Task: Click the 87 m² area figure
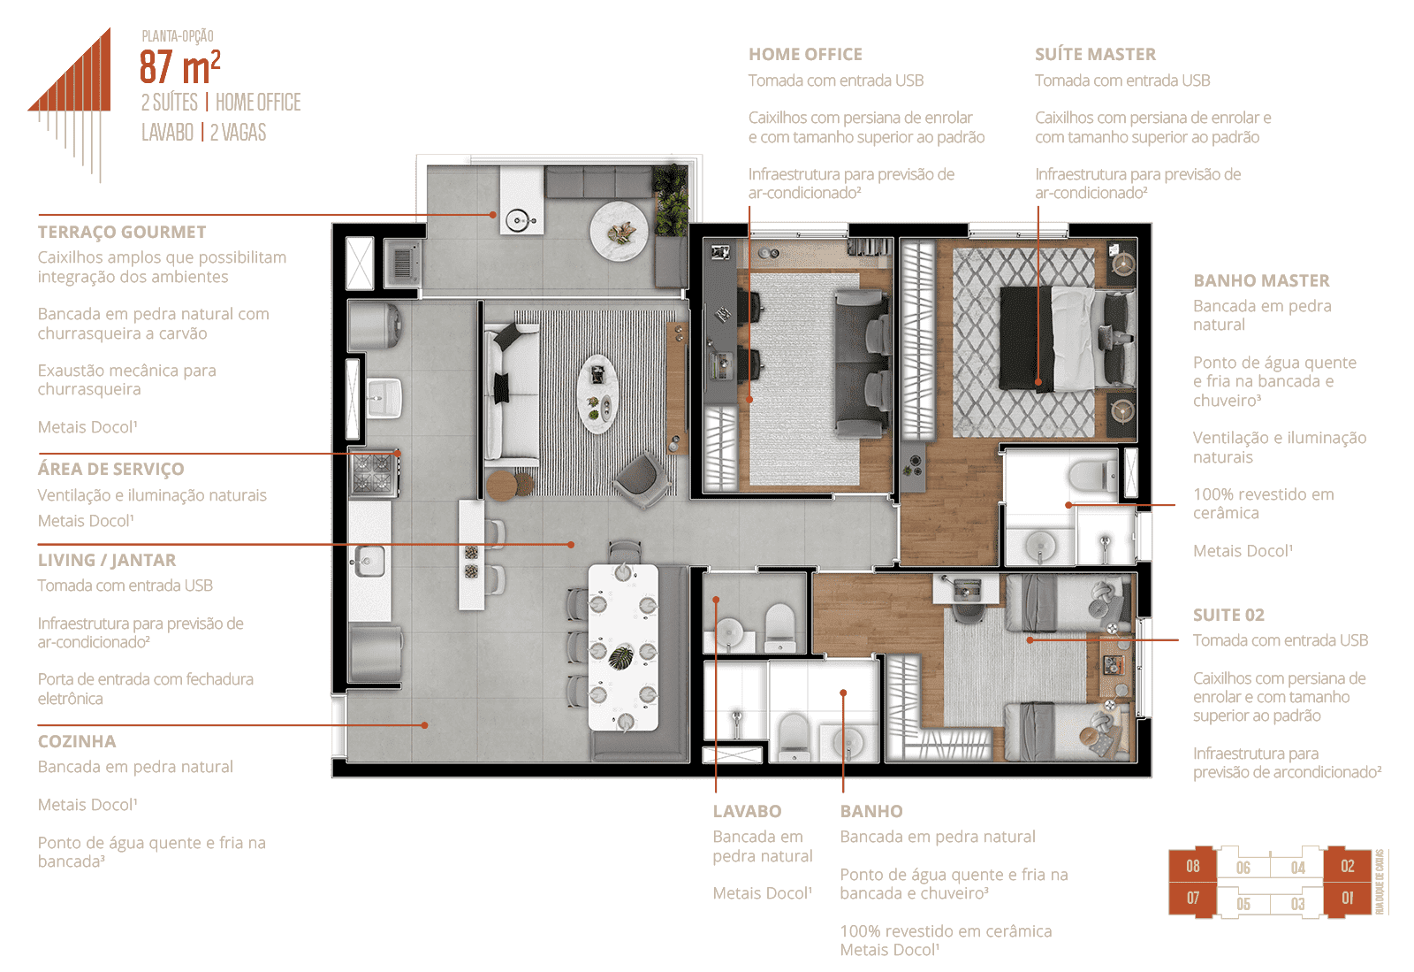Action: [x=180, y=66]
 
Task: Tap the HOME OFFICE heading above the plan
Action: [x=805, y=54]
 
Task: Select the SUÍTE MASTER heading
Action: [x=1095, y=54]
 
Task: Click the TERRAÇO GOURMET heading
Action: [x=122, y=232]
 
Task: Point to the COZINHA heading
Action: [x=77, y=741]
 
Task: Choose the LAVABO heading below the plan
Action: [x=748, y=811]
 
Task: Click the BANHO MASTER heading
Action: [x=1261, y=280]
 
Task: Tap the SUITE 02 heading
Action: [x=1228, y=615]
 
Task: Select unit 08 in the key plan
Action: [x=1192, y=866]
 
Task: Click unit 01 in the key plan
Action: [x=1347, y=898]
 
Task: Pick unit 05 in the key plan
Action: [x=1243, y=904]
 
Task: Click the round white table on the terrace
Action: [x=619, y=231]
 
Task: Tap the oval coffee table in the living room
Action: [x=597, y=394]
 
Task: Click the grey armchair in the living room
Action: [x=642, y=479]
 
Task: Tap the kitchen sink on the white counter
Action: [x=370, y=561]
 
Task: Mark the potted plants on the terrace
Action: [x=671, y=200]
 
